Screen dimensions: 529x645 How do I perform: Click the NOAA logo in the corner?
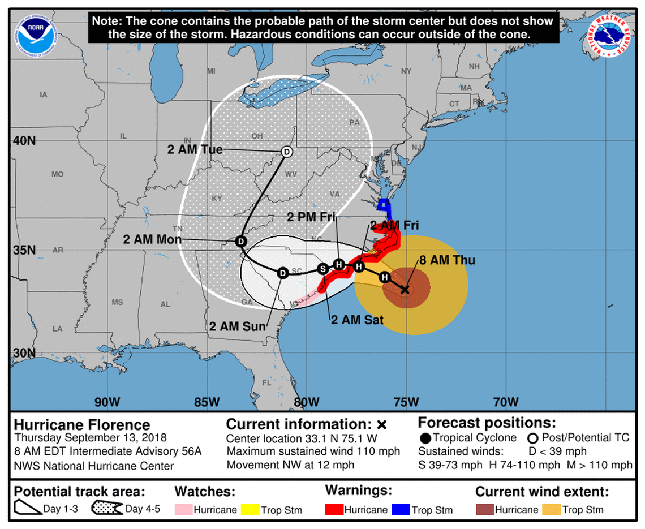pyautogui.click(x=37, y=35)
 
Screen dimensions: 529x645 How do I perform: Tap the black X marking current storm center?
pyautogui.click(x=405, y=290)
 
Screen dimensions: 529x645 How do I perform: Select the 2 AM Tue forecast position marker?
pyautogui.click(x=286, y=152)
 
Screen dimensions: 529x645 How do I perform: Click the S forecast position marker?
pyautogui.click(x=322, y=269)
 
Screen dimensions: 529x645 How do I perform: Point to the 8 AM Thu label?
pyautogui.click(x=447, y=261)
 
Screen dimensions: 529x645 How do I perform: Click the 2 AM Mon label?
pyautogui.click(x=152, y=240)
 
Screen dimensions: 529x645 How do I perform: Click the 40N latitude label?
pyautogui.click(x=24, y=140)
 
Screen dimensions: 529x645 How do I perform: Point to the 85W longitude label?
pyautogui.click(x=207, y=402)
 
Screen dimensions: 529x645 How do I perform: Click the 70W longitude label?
pyautogui.click(x=506, y=402)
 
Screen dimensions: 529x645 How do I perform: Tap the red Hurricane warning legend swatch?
pyautogui.click(x=336, y=510)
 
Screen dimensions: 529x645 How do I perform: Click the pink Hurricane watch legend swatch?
pyautogui.click(x=184, y=510)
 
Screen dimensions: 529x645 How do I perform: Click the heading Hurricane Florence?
pyautogui.click(x=82, y=425)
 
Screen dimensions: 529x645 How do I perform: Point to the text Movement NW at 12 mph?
pyautogui.click(x=290, y=465)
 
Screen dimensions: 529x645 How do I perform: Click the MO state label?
pyautogui.click(x=58, y=174)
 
